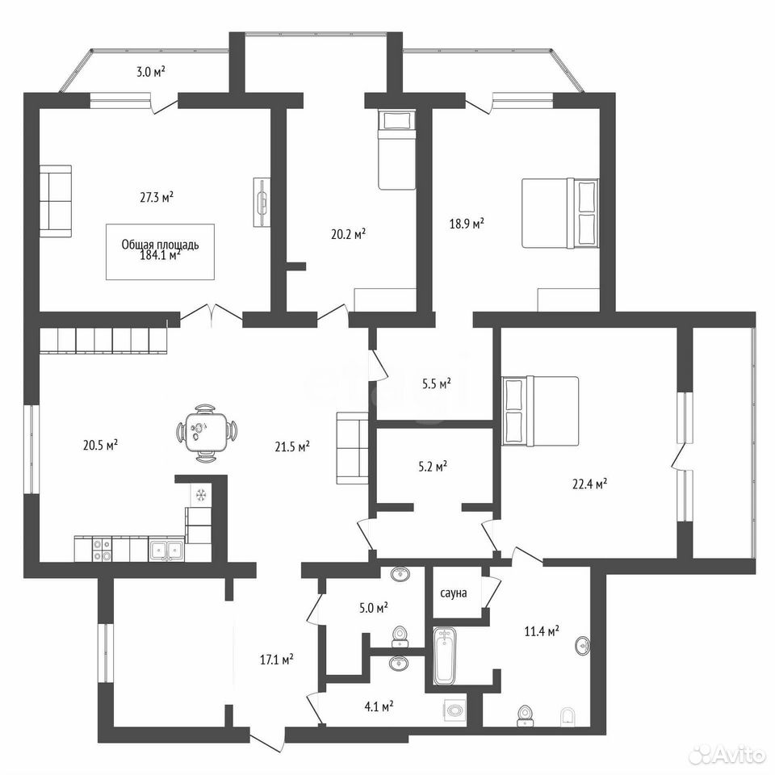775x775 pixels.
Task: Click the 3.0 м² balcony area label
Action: pos(151,72)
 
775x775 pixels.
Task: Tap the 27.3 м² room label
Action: pos(157,198)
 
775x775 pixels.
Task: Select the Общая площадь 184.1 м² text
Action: pos(160,249)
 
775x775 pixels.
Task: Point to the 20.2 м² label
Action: pos(349,233)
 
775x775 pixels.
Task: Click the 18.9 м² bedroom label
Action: pos(467,224)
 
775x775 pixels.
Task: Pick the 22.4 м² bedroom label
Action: pos(589,484)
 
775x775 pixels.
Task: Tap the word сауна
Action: pos(453,593)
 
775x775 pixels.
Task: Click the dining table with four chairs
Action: pos(206,433)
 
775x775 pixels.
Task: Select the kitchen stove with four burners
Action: pos(103,549)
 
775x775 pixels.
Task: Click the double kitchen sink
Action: pos(166,549)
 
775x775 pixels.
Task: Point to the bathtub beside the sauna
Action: pos(445,656)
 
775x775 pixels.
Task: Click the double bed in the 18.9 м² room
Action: pos(560,212)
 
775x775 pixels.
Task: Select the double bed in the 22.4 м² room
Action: pos(540,411)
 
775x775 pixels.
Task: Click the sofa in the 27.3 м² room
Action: pos(56,201)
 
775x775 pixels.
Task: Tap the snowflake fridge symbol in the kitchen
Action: pos(201,495)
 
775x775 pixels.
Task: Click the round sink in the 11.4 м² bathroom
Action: pos(583,646)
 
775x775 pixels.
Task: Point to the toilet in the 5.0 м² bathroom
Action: pos(400,637)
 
